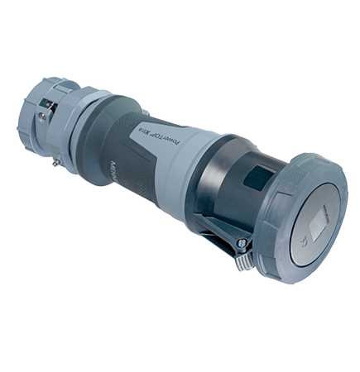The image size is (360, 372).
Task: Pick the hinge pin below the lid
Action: point(241,243)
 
